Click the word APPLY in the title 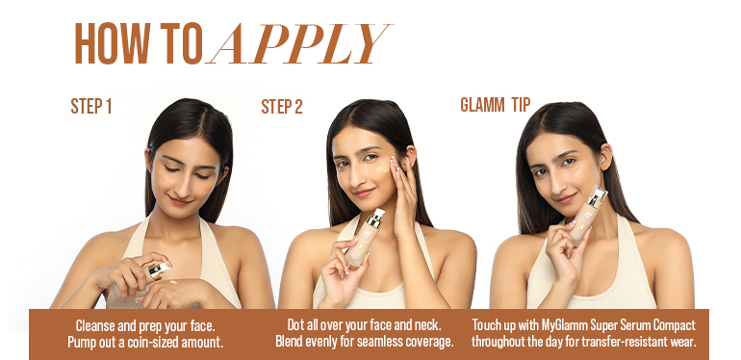click(x=297, y=43)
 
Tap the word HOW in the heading click(x=113, y=43)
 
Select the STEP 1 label click(x=91, y=106)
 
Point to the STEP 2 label click(x=282, y=106)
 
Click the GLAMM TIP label click(x=496, y=104)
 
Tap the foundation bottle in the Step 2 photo click(x=366, y=239)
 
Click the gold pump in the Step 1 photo click(x=159, y=271)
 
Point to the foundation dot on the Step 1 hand click(x=173, y=282)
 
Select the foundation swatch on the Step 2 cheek click(x=383, y=168)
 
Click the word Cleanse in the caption click(x=92, y=325)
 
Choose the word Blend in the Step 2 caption click(x=289, y=341)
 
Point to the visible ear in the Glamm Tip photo click(x=604, y=157)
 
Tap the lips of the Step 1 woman click(x=180, y=201)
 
